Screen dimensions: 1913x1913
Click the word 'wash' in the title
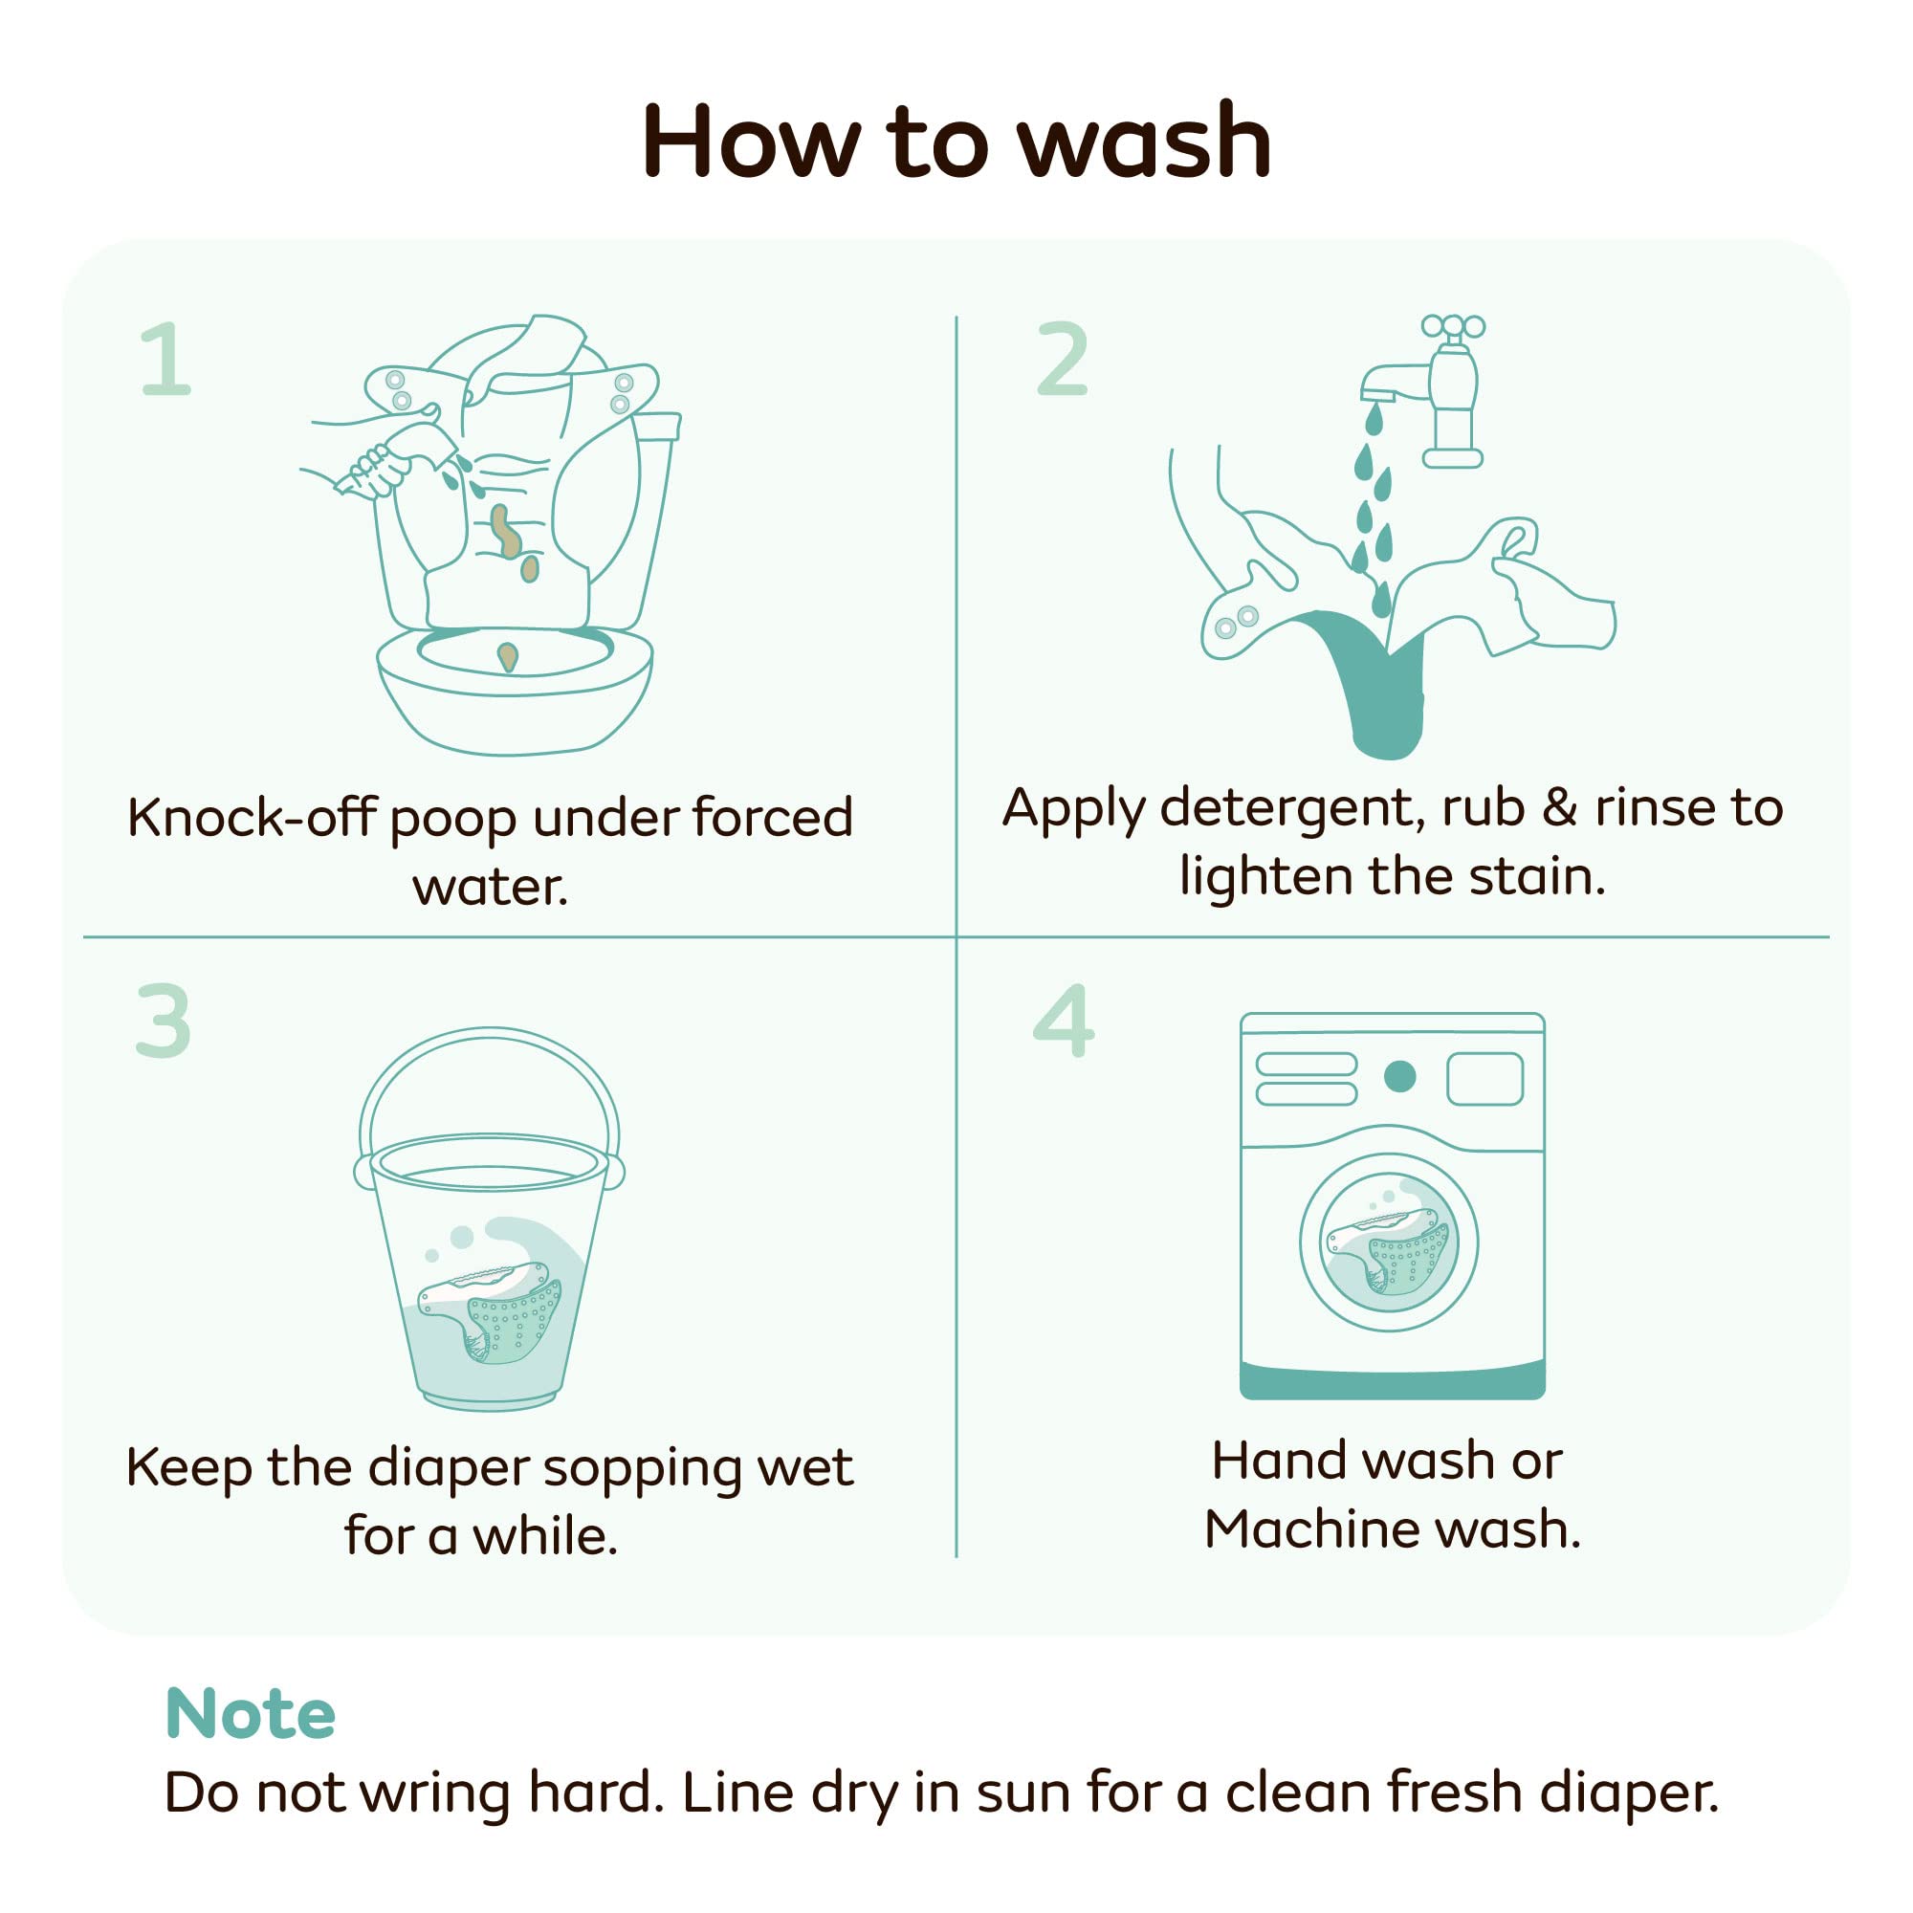[x=1144, y=142]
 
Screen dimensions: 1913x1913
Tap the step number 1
[x=165, y=359]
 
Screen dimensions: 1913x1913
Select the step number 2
[x=1062, y=359]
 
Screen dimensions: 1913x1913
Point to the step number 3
[x=164, y=1021]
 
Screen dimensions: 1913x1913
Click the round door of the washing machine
[x=1389, y=1242]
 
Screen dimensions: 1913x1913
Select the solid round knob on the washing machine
[x=1399, y=1076]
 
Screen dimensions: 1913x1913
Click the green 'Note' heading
[x=251, y=1712]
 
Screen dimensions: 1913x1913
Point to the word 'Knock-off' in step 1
[x=252, y=817]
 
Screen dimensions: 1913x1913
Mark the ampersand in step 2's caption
[x=1559, y=807]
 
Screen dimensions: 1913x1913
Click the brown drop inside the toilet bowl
[x=507, y=656]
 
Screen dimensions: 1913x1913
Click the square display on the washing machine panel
[x=1484, y=1077]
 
